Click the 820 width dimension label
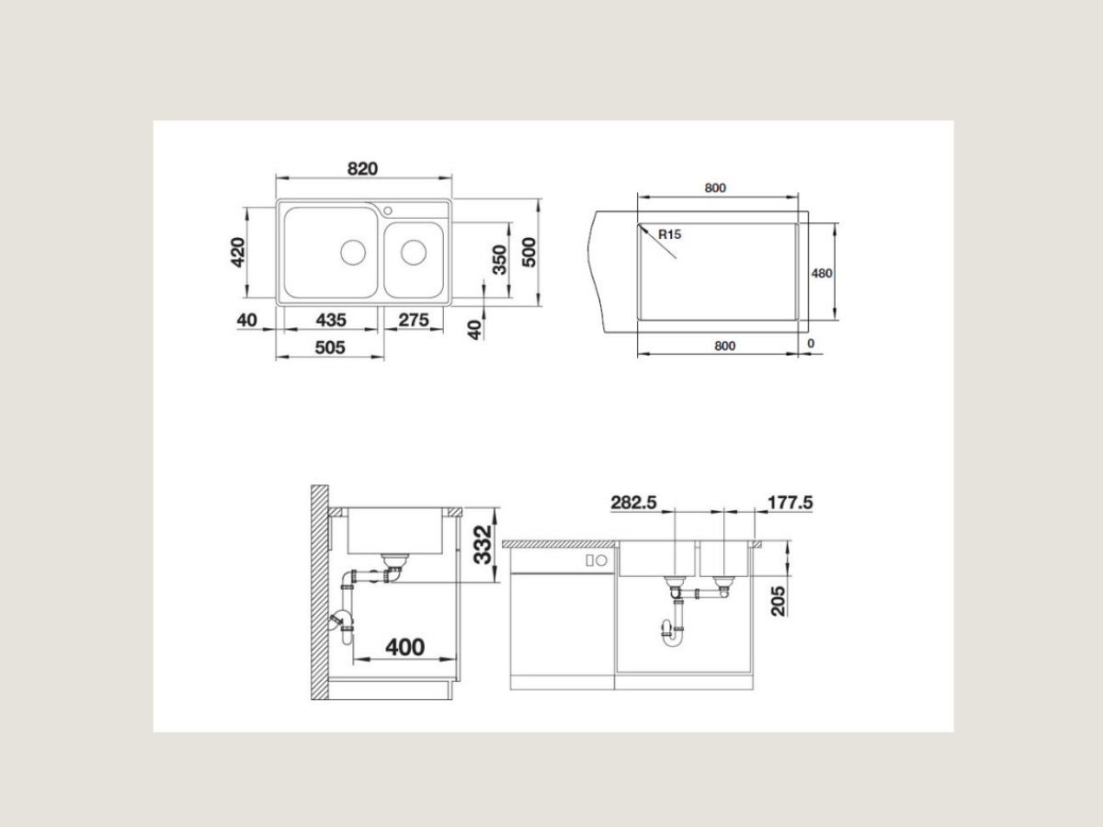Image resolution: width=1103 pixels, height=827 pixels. click(x=362, y=169)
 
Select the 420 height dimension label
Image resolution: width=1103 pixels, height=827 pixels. click(x=238, y=253)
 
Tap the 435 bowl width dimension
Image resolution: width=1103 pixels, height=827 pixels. click(x=331, y=320)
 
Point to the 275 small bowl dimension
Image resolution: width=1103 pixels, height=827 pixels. click(x=414, y=320)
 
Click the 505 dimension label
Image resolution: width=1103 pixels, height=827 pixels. click(x=330, y=347)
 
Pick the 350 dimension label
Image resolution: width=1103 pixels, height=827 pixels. click(x=499, y=260)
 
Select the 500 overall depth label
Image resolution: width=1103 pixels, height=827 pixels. click(x=529, y=253)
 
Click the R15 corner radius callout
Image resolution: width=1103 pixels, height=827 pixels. click(x=670, y=234)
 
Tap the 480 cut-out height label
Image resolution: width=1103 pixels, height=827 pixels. click(x=822, y=273)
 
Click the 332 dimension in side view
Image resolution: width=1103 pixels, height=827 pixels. click(x=483, y=545)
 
